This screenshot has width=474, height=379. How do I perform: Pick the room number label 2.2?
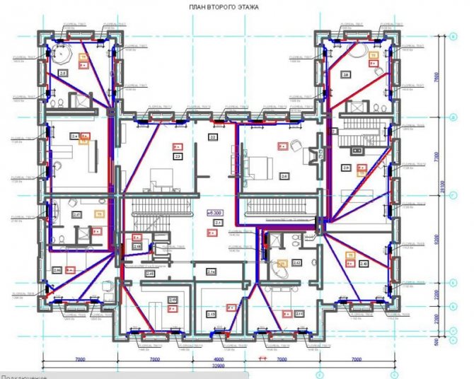pos(212,136)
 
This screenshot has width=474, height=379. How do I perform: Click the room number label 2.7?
pos(76,214)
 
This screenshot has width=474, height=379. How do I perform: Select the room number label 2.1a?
pos(211,272)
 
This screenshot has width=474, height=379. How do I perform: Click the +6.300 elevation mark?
pos(214,211)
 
